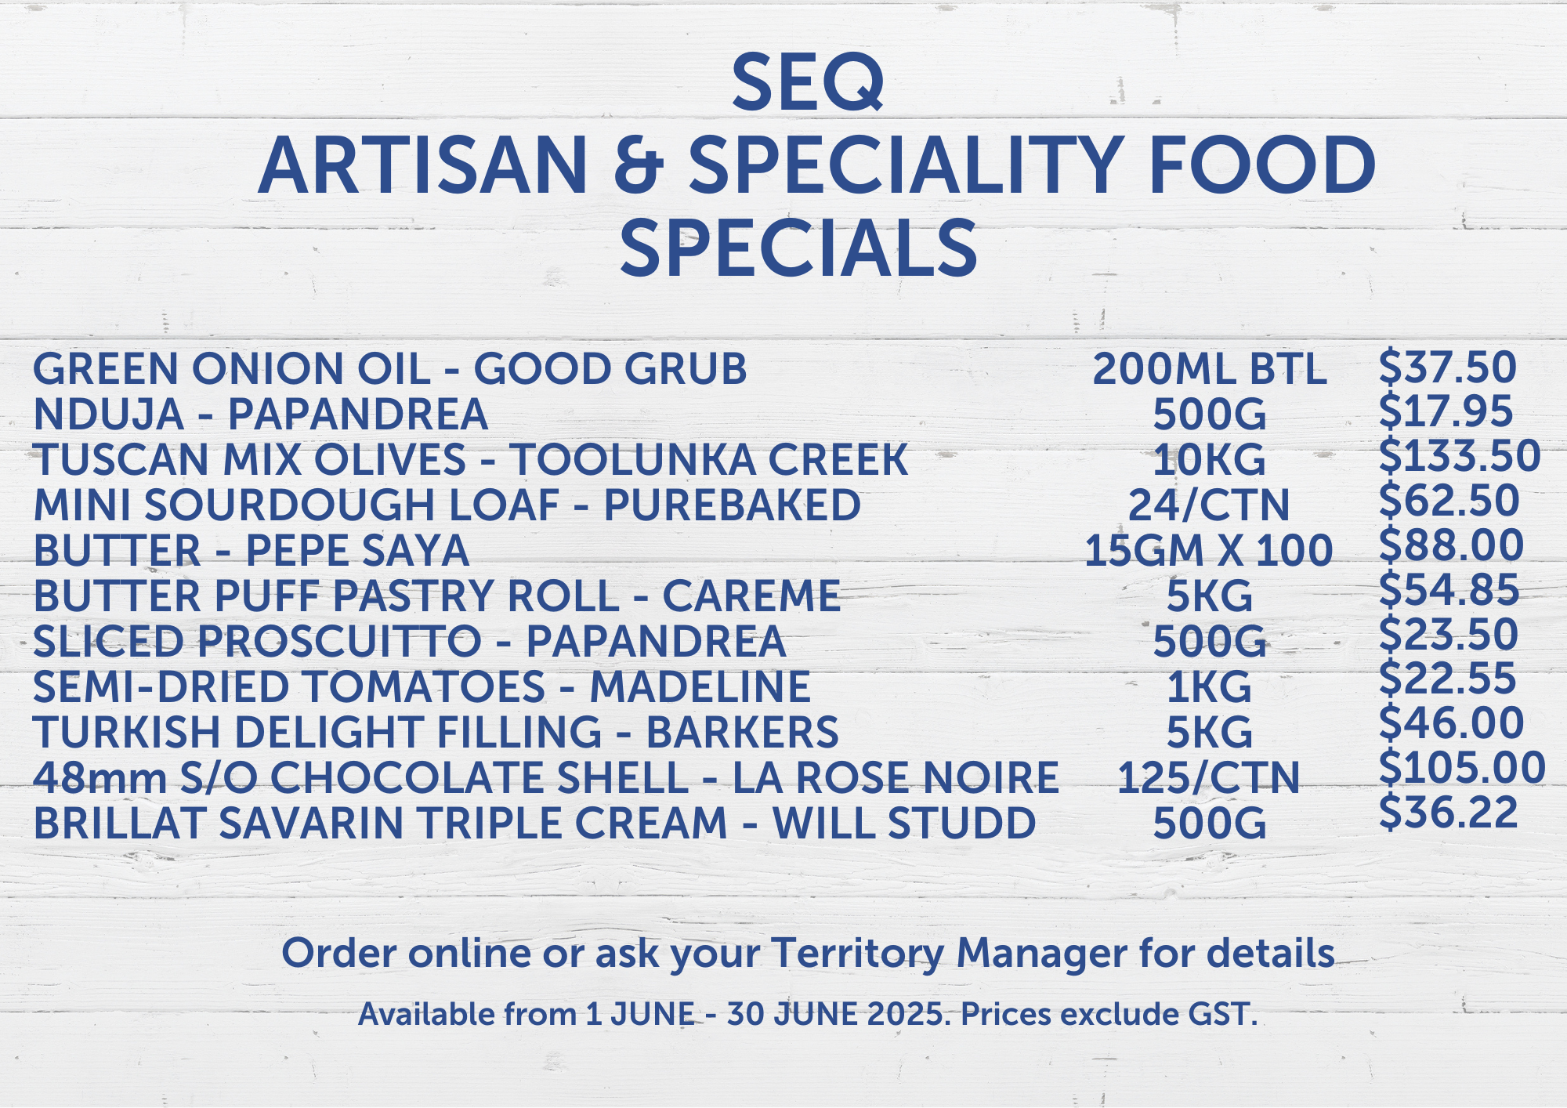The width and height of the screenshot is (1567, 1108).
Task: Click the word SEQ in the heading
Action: tap(808, 82)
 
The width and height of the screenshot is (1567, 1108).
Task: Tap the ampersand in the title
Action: tap(639, 165)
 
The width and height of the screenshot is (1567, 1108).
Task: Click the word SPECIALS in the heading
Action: tap(798, 248)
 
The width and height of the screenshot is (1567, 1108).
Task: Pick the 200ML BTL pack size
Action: tap(1210, 369)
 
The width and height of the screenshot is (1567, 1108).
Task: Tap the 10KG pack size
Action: tap(1209, 460)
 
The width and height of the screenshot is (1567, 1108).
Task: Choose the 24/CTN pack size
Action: tap(1209, 505)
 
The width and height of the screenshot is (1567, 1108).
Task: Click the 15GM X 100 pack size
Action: tap(1209, 551)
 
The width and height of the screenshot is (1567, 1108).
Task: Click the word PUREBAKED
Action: tap(733, 505)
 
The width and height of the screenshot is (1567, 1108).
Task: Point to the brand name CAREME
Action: tap(751, 596)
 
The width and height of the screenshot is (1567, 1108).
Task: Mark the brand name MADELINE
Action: tap(700, 687)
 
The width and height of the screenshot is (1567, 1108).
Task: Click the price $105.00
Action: tap(1462, 768)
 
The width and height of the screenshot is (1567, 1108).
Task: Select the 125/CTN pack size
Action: tap(1209, 778)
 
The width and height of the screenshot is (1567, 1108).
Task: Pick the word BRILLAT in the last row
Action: tap(120, 824)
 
